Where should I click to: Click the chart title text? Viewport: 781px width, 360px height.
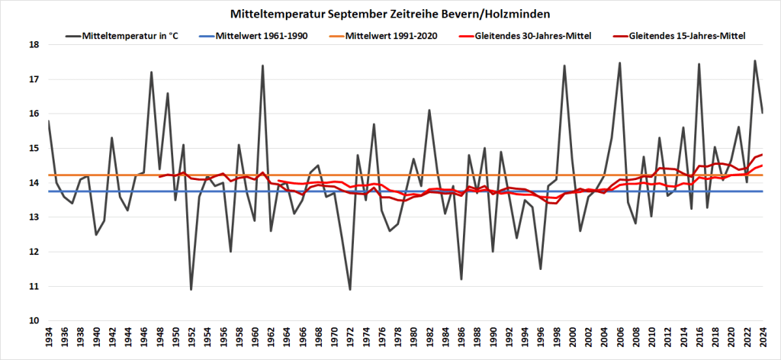(390, 14)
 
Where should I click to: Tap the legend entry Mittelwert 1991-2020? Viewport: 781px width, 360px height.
(391, 35)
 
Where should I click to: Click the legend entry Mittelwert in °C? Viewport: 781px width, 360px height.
(130, 35)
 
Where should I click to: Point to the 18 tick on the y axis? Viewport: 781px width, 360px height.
(34, 45)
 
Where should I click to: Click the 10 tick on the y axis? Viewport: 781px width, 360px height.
(34, 321)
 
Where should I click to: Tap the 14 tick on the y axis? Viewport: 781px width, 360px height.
(34, 183)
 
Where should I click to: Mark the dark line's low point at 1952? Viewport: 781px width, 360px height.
(191, 289)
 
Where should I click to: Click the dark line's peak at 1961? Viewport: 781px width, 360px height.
(262, 66)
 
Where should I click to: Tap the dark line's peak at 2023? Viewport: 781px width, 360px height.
(755, 61)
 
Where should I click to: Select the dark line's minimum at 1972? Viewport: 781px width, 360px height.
(350, 289)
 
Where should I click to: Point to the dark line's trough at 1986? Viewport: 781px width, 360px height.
(461, 279)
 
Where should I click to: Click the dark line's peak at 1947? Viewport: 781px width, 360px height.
(151, 72)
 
